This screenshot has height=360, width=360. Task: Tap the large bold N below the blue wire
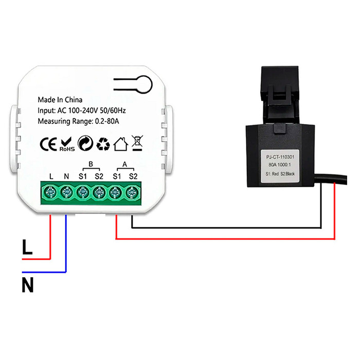(28, 284)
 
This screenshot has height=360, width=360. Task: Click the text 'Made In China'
(60, 100)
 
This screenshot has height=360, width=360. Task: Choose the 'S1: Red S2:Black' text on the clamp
(281, 173)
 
